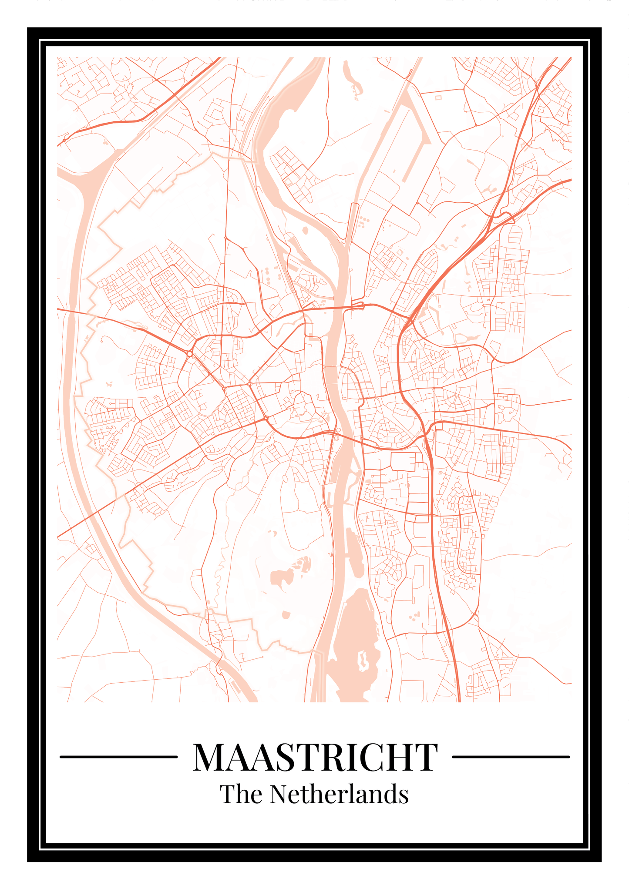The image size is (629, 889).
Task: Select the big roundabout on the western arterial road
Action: point(190,354)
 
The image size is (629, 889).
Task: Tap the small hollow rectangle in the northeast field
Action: point(438,97)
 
